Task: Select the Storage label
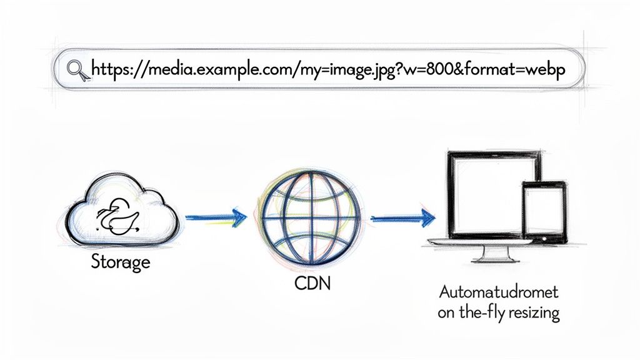click(121, 261)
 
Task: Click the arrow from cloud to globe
click(216, 218)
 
